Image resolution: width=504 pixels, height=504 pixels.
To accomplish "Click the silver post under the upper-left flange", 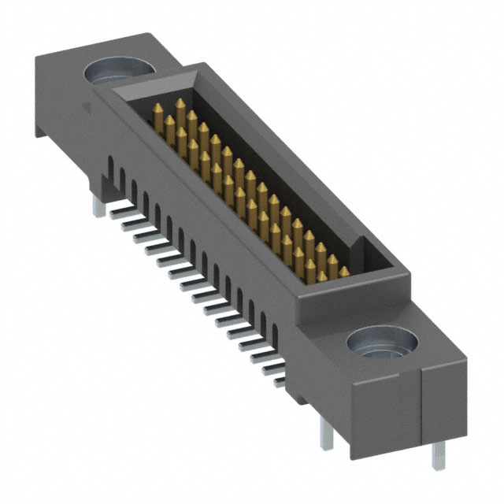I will click(x=98, y=203).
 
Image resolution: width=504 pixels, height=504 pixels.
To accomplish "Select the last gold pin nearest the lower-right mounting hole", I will click(x=344, y=272).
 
